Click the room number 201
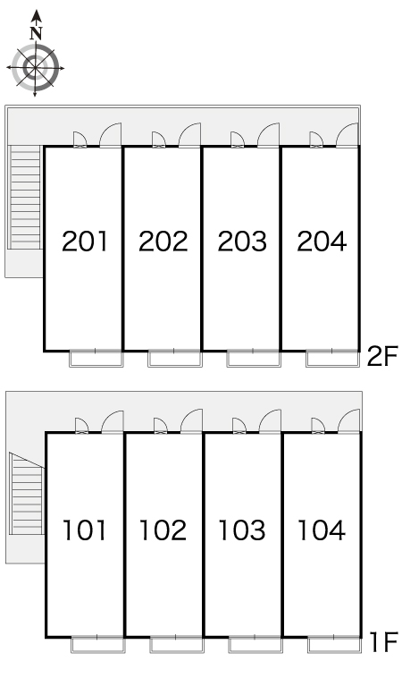point(85,242)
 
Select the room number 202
point(163,242)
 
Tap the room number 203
point(242,242)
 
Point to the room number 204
point(322,242)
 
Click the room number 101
point(85,530)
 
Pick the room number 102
point(163,530)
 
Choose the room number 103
point(242,530)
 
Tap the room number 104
point(322,530)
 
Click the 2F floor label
point(382,356)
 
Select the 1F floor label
point(384,642)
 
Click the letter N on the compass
point(36,33)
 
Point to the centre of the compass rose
point(36,68)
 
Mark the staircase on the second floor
point(25,198)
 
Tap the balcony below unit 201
point(96,359)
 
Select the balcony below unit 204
point(332,359)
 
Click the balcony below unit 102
point(176,645)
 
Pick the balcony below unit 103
point(255,645)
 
